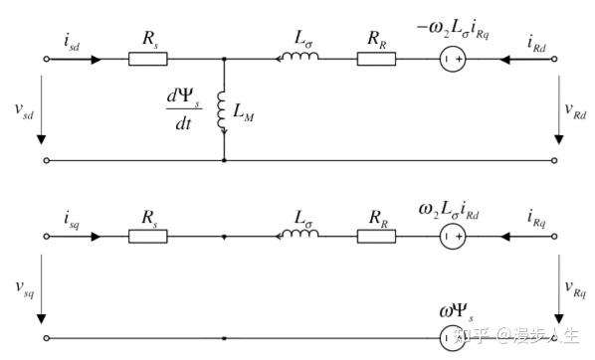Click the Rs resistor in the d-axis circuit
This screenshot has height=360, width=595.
pyautogui.click(x=148, y=60)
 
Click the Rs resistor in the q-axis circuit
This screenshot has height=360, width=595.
pyautogui.click(x=148, y=237)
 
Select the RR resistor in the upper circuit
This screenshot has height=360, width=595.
pyautogui.click(x=376, y=60)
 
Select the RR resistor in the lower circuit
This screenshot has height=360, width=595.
pyautogui.click(x=376, y=237)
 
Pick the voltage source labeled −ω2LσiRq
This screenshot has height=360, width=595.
pyautogui.click(x=453, y=60)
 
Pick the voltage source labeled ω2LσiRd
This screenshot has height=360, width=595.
pyautogui.click(x=453, y=237)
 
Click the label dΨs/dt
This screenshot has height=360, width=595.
pyautogui.click(x=184, y=109)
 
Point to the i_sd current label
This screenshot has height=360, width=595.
pyautogui.click(x=72, y=41)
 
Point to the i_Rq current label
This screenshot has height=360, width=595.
pyautogui.click(x=536, y=218)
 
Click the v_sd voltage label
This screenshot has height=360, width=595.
pyautogui.click(x=24, y=110)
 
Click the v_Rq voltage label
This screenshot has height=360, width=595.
pyautogui.click(x=575, y=289)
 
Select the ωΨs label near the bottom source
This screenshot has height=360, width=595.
pyautogui.click(x=457, y=312)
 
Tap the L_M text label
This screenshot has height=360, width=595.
pyautogui.click(x=243, y=112)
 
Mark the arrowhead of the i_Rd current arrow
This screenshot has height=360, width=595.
pyautogui.click(x=505, y=60)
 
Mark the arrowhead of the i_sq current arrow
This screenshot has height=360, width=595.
pyautogui.click(x=97, y=237)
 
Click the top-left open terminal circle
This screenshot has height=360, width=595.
pyautogui.click(x=47, y=60)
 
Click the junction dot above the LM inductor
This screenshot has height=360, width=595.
pyautogui.click(x=224, y=60)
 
